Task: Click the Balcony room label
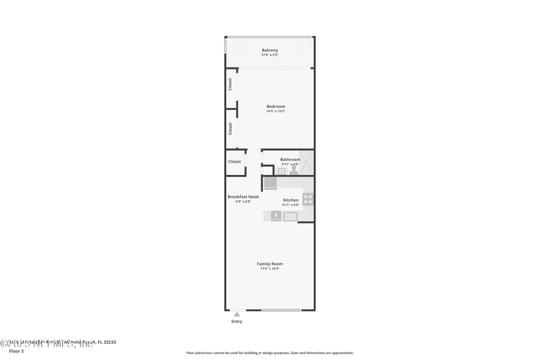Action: (270, 50)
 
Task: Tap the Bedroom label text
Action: (275, 106)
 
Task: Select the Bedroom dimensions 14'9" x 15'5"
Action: (275, 111)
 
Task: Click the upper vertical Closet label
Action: (230, 84)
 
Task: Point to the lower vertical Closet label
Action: (230, 128)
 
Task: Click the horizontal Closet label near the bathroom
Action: (234, 161)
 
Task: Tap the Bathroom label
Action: (290, 159)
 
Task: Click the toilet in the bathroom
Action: (294, 172)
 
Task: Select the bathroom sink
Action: (281, 172)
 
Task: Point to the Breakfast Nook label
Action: (243, 197)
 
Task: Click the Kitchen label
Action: (290, 200)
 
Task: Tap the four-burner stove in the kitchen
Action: (308, 199)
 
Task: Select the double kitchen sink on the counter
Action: (290, 216)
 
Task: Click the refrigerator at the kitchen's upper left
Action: (270, 183)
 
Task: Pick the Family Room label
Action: (270, 263)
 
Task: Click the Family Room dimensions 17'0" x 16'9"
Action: (270, 269)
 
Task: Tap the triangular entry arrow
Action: (236, 314)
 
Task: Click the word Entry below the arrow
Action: (236, 322)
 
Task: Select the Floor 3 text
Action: (16, 351)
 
